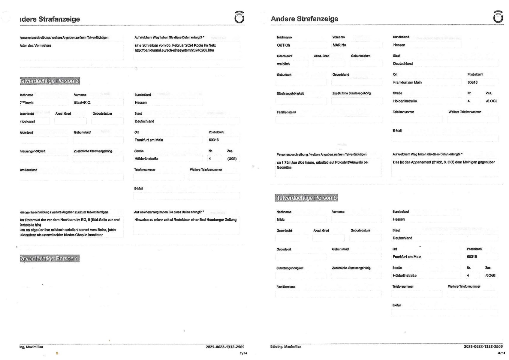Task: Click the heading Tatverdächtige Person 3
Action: point(50,81)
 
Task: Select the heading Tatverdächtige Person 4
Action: point(50,259)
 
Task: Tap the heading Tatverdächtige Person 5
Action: point(306,198)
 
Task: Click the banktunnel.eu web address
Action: point(174,50)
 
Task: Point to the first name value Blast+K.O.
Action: point(83,103)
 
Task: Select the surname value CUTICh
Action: point(283,45)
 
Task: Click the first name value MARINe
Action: point(339,45)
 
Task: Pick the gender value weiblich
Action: point(283,64)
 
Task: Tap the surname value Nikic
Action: point(281,220)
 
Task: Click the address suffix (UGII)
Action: point(232,159)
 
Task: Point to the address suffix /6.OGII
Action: point(491,101)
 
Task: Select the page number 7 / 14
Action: point(243,353)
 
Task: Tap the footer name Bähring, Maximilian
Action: point(285,347)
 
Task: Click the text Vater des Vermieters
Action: point(35,46)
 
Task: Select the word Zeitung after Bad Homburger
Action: point(230,220)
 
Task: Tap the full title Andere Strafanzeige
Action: point(304,19)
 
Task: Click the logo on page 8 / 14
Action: point(498,17)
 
